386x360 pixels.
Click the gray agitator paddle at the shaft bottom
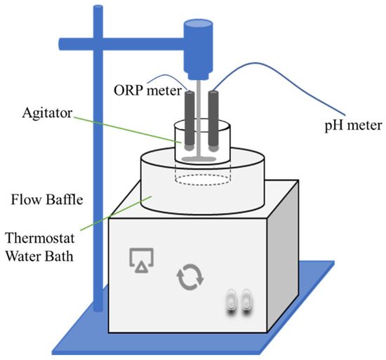pyautogui.click(x=202, y=160)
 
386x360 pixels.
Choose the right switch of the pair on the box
pyautogui.click(x=246, y=302)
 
